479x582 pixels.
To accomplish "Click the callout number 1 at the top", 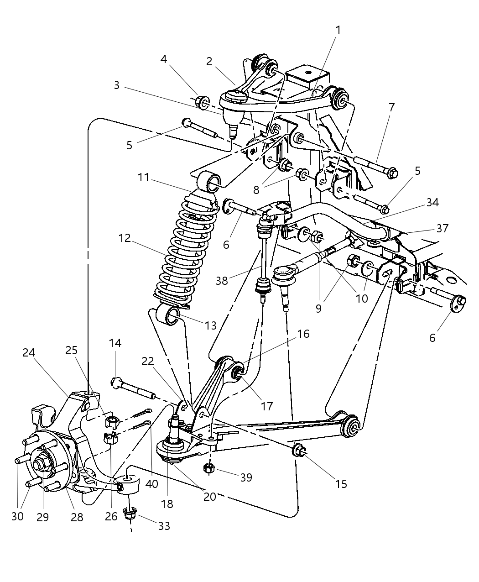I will (x=338, y=30).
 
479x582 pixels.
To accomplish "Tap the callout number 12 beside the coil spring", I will (x=124, y=238).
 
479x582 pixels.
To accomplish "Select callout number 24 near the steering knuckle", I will (x=29, y=352).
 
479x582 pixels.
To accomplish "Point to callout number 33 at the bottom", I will (x=164, y=526).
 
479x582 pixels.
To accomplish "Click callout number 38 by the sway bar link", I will (x=222, y=280).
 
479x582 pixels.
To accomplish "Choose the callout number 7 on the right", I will (x=391, y=108).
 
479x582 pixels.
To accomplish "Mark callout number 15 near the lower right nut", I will (x=341, y=484).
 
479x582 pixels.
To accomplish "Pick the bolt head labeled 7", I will (x=391, y=173).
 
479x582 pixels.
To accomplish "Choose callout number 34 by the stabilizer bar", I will (x=432, y=202).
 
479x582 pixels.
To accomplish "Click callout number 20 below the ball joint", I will (x=209, y=496).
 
